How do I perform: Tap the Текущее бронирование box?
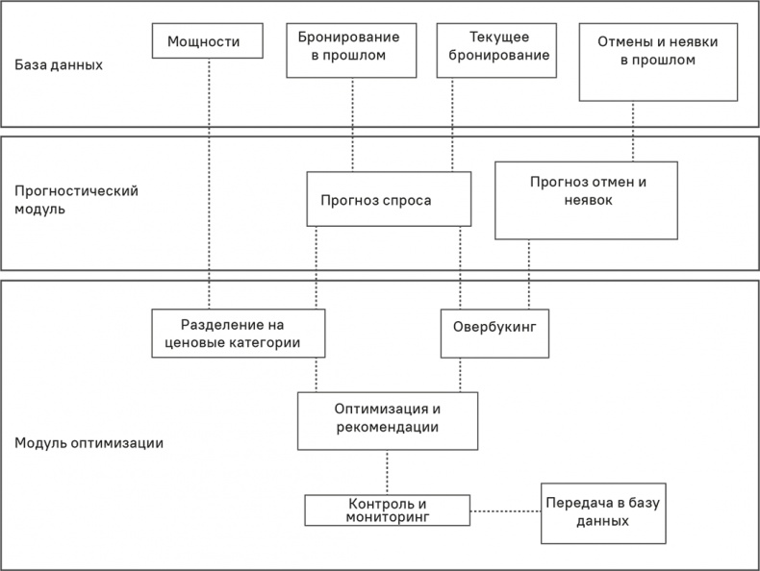pyautogui.click(x=497, y=47)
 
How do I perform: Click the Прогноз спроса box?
pyautogui.click(x=389, y=199)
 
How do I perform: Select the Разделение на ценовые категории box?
pyautogui.click(x=239, y=333)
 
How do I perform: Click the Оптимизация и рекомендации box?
pyautogui.click(x=388, y=420)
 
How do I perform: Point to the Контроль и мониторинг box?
pyautogui.click(x=387, y=509)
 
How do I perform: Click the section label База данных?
pyautogui.click(x=59, y=66)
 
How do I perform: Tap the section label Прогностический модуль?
pyautogui.click(x=77, y=199)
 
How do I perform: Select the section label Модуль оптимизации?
pyautogui.click(x=89, y=443)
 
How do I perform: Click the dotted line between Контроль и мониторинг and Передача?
pyautogui.click(x=505, y=509)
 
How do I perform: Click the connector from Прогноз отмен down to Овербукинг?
pyautogui.click(x=528, y=273)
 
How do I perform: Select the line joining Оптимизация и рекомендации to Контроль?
pyautogui.click(x=387, y=472)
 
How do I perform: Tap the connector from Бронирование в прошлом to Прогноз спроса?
pyautogui.click(x=352, y=125)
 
